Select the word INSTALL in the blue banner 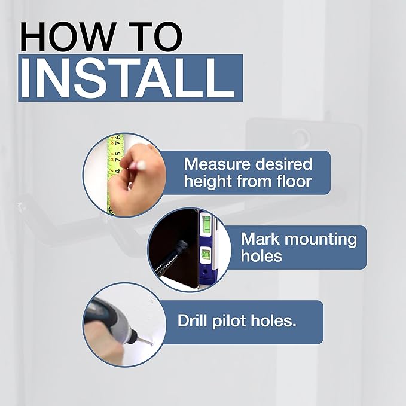click(127, 78)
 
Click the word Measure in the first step click(217, 164)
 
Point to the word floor click(294, 181)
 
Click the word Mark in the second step click(260, 239)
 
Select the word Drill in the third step click(193, 320)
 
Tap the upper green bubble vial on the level click(206, 224)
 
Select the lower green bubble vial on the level click(206, 255)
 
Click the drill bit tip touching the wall click(151, 344)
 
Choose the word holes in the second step click(261, 256)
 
